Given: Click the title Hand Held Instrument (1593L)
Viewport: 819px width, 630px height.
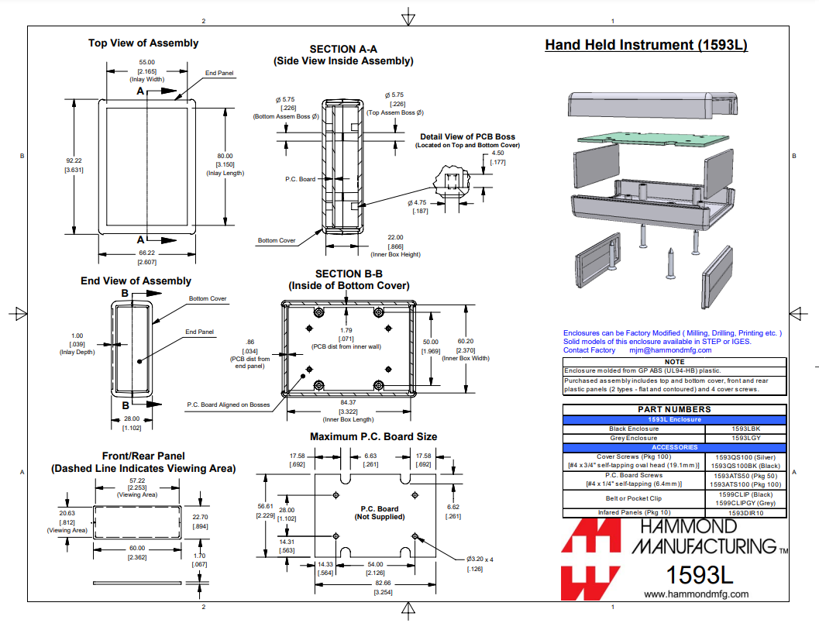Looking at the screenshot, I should tap(645, 45).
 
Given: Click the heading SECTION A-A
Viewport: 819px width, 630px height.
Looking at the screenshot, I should tap(343, 49).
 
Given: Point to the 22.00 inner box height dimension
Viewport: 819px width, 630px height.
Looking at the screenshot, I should tap(395, 237).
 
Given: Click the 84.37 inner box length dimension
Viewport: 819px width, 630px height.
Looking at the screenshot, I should tap(348, 402).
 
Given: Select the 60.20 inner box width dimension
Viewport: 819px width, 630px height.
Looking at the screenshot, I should tap(465, 341).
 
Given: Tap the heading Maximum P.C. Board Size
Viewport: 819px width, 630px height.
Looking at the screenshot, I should tap(373, 436).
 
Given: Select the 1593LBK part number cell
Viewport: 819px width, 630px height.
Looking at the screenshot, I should tap(746, 429).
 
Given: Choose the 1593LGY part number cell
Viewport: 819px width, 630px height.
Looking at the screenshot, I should tap(746, 438).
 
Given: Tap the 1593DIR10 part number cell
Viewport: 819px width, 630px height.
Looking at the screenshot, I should tap(746, 512).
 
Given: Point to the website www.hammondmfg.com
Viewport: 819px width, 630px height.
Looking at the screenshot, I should tap(697, 594).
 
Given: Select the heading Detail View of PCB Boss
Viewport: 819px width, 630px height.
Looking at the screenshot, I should tap(467, 136).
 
